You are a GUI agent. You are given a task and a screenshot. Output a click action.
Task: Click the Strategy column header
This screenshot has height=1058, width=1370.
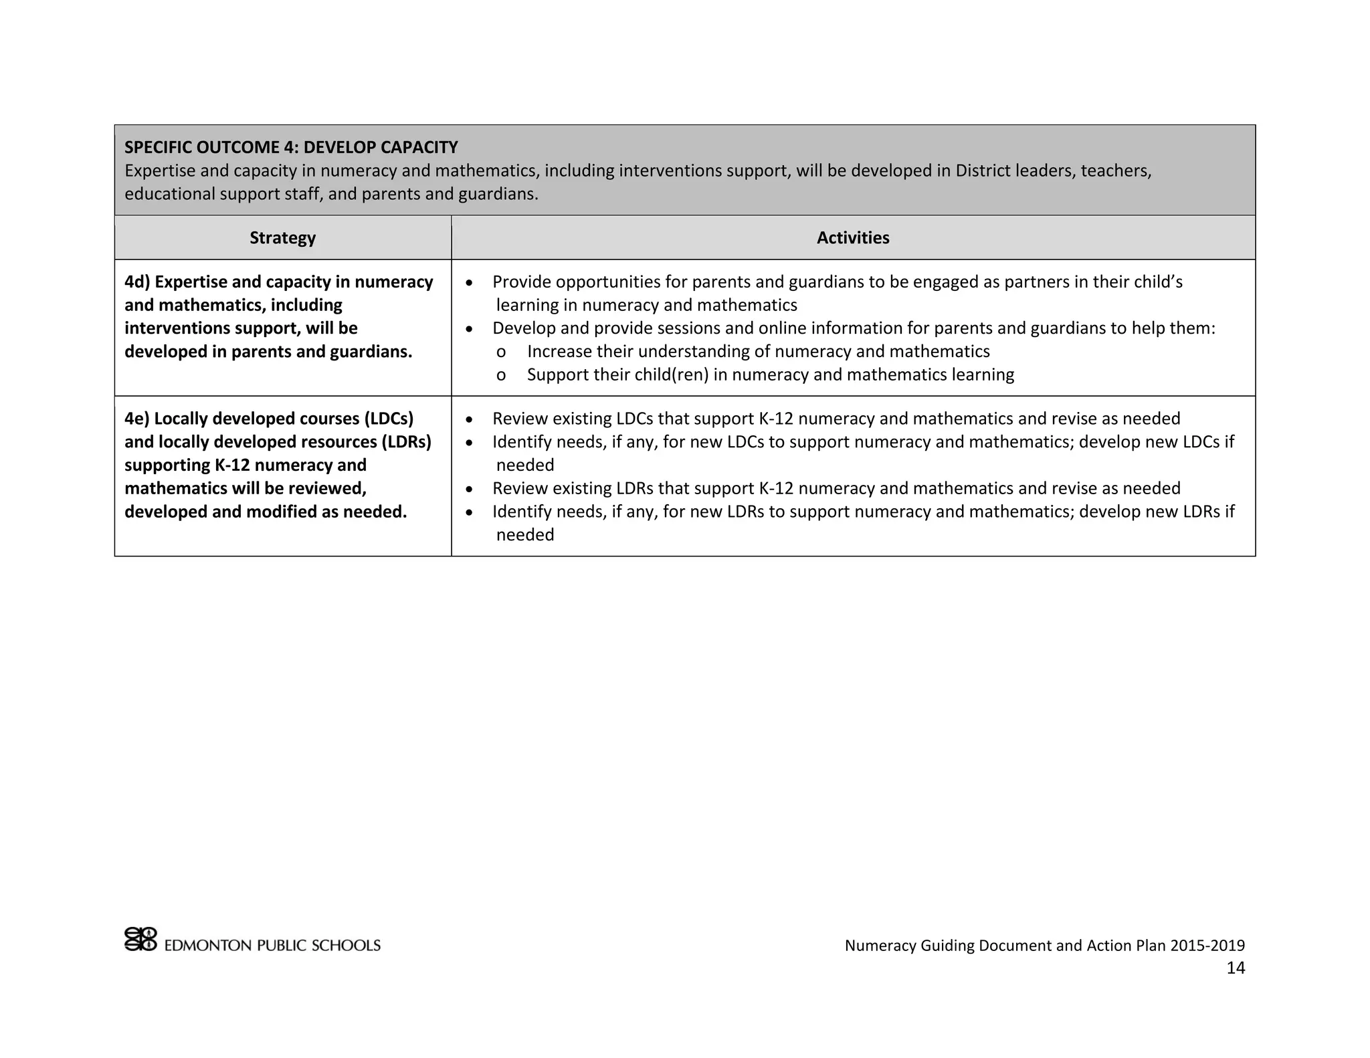(282, 238)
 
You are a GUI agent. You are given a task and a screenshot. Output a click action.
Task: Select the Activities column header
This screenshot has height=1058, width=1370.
(853, 238)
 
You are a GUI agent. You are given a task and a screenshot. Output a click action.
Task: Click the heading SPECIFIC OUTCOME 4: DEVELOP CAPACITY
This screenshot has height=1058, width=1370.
(291, 147)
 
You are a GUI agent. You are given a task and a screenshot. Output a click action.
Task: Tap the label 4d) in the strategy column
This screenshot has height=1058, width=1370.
(137, 282)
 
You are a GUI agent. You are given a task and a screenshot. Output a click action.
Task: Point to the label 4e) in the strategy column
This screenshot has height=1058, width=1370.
(137, 419)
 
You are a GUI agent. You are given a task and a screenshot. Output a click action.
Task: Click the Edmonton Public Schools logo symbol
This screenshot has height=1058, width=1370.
(140, 939)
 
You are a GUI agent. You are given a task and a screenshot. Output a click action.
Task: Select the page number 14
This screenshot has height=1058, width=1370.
(1236, 968)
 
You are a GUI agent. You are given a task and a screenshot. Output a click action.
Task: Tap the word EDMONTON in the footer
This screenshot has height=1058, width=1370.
(208, 946)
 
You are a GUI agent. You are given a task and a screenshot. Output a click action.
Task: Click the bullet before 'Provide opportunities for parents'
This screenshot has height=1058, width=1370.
(470, 283)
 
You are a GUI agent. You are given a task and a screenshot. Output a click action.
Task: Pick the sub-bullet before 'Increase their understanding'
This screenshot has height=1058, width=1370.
(501, 352)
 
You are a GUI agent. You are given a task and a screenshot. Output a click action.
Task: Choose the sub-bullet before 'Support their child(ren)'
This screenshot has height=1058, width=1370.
(501, 375)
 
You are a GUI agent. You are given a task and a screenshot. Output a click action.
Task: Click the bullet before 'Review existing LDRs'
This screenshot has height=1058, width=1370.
(470, 490)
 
